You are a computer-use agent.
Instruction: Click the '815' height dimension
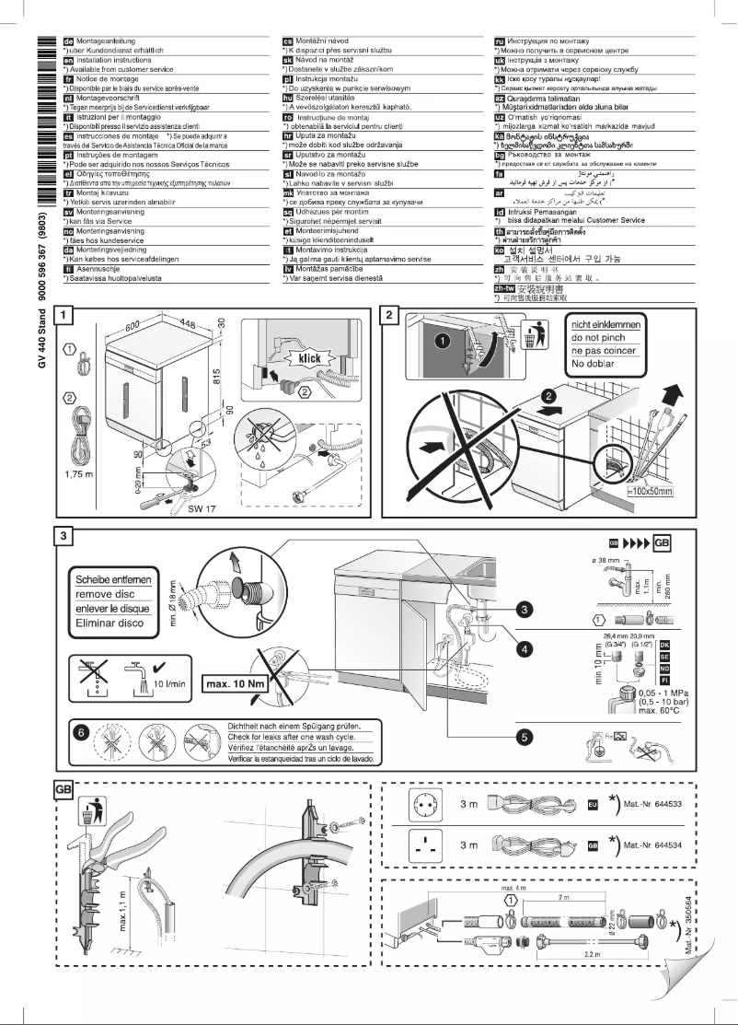point(215,383)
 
